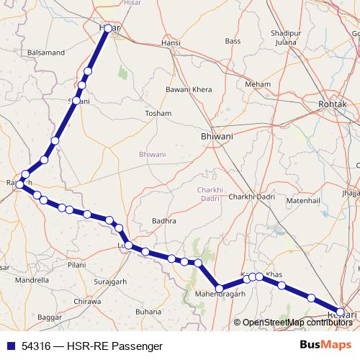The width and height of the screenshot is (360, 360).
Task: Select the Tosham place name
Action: (158, 114)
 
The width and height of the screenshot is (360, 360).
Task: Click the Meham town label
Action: (257, 84)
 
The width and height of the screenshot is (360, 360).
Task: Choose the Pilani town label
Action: (78, 265)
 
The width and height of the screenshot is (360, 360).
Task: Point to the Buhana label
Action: (148, 311)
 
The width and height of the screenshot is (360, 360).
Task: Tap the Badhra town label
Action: (164, 222)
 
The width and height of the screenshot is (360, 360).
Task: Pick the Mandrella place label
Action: (32, 279)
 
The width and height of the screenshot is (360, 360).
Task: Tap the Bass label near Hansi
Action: (233, 42)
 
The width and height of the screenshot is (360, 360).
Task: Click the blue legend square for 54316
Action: (9, 346)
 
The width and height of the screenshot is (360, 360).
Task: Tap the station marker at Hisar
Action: (108, 29)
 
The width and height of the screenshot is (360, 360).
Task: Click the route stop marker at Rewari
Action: (341, 311)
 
